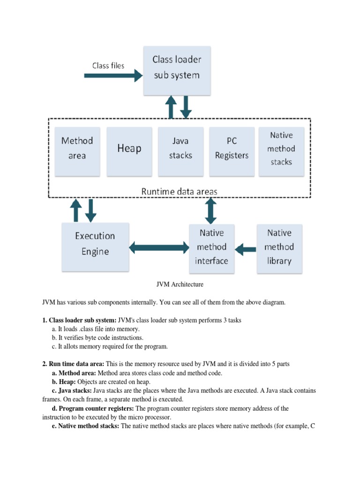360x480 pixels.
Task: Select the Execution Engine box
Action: tap(95, 244)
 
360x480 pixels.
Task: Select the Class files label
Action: tap(108, 66)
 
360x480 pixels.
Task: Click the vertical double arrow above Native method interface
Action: tap(211, 210)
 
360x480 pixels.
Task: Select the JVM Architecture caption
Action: tap(180, 284)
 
